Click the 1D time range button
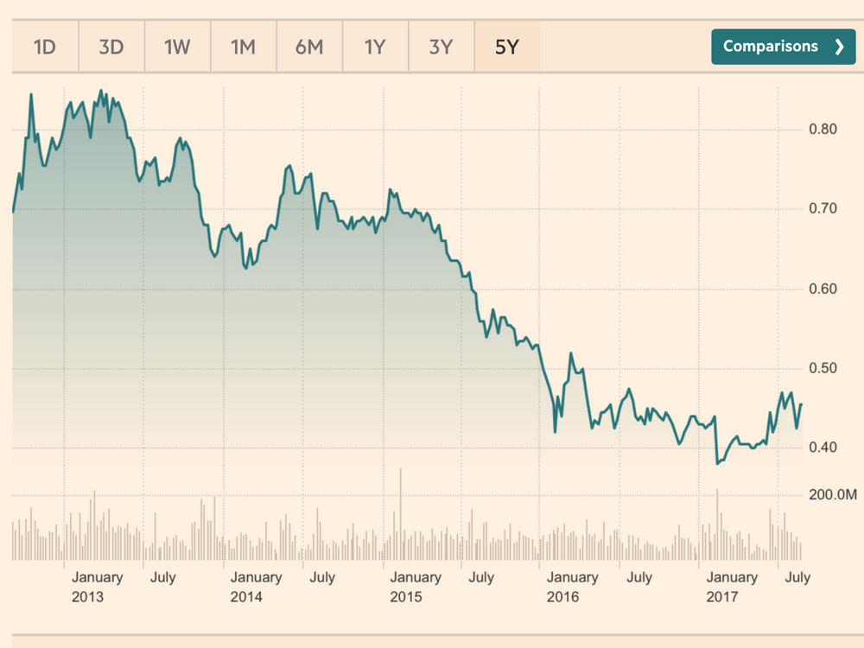click(44, 47)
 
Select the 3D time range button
click(111, 47)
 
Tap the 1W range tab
click(176, 47)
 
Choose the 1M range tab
click(243, 47)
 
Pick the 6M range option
click(308, 47)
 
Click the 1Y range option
click(374, 47)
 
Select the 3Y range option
click(441, 47)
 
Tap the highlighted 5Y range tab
click(506, 47)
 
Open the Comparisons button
click(783, 47)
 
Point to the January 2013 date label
click(96, 587)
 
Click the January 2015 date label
click(415, 587)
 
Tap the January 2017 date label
click(732, 587)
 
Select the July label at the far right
click(797, 577)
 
